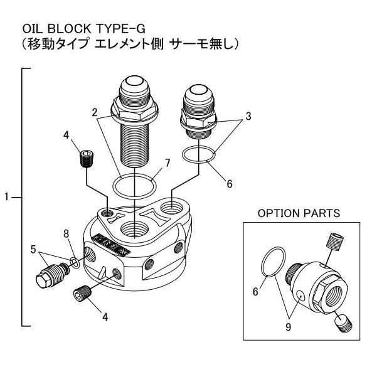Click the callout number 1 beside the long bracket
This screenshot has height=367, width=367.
coord(7,197)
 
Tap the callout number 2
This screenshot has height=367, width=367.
coord(94,112)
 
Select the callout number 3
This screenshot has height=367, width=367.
coord(248,116)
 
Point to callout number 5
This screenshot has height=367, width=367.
coord(33,250)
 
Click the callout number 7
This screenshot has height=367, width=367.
coord(167,163)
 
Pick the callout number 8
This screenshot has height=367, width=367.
coord(66,233)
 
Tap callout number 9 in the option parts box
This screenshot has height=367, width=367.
coord(288,327)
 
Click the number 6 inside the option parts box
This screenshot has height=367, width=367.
coord(255,292)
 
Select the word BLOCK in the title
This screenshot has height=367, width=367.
coord(69,29)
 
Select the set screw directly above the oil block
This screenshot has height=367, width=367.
coord(86,159)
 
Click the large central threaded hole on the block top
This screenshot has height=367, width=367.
coord(134,230)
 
